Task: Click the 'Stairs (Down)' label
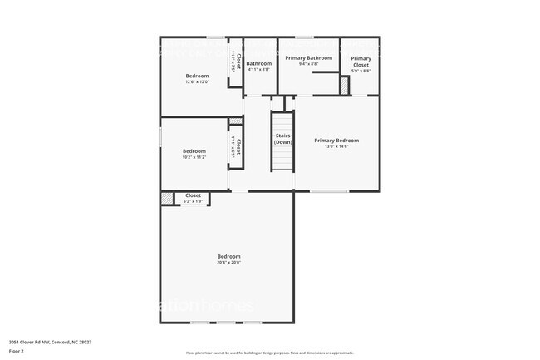tap(283, 139)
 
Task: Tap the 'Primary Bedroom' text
tap(336, 141)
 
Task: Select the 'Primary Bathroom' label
tap(308, 58)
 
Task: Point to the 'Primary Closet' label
tap(361, 62)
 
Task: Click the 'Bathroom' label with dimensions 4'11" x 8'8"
tap(258, 63)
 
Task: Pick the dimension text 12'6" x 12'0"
tap(197, 81)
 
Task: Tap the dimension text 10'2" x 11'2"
tap(194, 156)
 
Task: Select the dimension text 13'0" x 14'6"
tap(336, 146)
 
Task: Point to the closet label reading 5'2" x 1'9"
tap(193, 201)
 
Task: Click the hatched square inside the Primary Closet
tap(344, 85)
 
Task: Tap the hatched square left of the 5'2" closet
tap(167, 199)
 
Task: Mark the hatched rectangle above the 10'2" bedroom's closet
tap(236, 121)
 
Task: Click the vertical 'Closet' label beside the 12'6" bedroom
tap(238, 61)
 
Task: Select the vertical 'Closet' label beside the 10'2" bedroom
tap(238, 147)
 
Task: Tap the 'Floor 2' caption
tap(17, 351)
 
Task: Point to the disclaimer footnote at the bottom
tap(269, 353)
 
